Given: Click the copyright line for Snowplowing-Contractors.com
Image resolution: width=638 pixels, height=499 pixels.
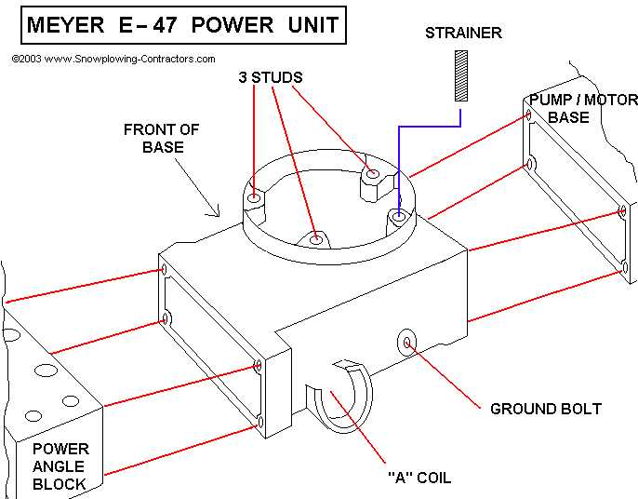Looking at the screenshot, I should pyautogui.click(x=113, y=58).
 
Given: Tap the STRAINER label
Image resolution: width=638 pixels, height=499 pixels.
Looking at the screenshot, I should pyautogui.click(x=463, y=34).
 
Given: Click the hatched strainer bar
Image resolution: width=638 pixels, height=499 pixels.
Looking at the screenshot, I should pyautogui.click(x=459, y=74).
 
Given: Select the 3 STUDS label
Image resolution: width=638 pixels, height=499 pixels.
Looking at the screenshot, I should pyautogui.click(x=270, y=78).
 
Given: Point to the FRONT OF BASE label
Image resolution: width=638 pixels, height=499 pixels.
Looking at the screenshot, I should pyautogui.click(x=161, y=138).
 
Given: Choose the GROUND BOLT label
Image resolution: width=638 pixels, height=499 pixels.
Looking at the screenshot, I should pyautogui.click(x=546, y=409).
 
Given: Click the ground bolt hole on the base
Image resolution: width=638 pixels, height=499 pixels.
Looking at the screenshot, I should pyautogui.click(x=407, y=342).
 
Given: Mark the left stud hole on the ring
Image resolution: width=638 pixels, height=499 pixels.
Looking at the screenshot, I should pyautogui.click(x=255, y=197).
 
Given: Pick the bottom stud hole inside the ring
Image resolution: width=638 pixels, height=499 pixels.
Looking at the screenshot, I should pyautogui.click(x=317, y=239).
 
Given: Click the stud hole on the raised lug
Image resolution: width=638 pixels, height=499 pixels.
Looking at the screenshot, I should pyautogui.click(x=372, y=173).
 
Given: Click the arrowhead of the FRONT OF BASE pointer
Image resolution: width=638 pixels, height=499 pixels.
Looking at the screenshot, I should pyautogui.click(x=219, y=213).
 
